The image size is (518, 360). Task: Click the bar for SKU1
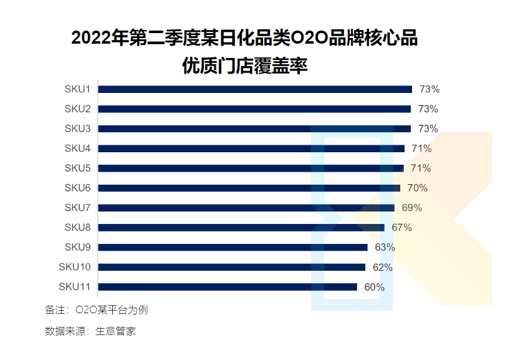pyautogui.click(x=255, y=89)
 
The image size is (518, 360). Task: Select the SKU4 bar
pyautogui.click(x=251, y=148)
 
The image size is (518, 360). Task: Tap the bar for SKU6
pyautogui.click(x=249, y=188)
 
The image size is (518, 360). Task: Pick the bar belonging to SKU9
pyautogui.click(x=233, y=247)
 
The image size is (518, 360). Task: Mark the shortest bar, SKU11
pyautogui.click(x=228, y=287)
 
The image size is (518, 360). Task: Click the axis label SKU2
pyautogui.click(x=78, y=109)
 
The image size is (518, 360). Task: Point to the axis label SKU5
pyautogui.click(x=78, y=168)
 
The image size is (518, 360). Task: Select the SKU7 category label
pyautogui.click(x=78, y=208)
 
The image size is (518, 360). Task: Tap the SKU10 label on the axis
pyautogui.click(x=75, y=267)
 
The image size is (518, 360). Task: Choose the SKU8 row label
pyautogui.click(x=78, y=228)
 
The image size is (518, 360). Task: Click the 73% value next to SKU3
pyautogui.click(x=429, y=129)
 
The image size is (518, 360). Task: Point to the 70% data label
pyautogui.click(x=418, y=188)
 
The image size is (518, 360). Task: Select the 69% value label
pyautogui.click(x=412, y=208)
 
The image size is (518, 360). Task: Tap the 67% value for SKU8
pyautogui.click(x=402, y=228)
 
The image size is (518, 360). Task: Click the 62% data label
pyautogui.click(x=383, y=267)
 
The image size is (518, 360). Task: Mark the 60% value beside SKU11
pyautogui.click(x=375, y=287)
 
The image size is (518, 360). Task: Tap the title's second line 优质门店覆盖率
pyautogui.click(x=244, y=66)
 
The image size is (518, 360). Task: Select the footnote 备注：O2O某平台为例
pyautogui.click(x=97, y=309)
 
